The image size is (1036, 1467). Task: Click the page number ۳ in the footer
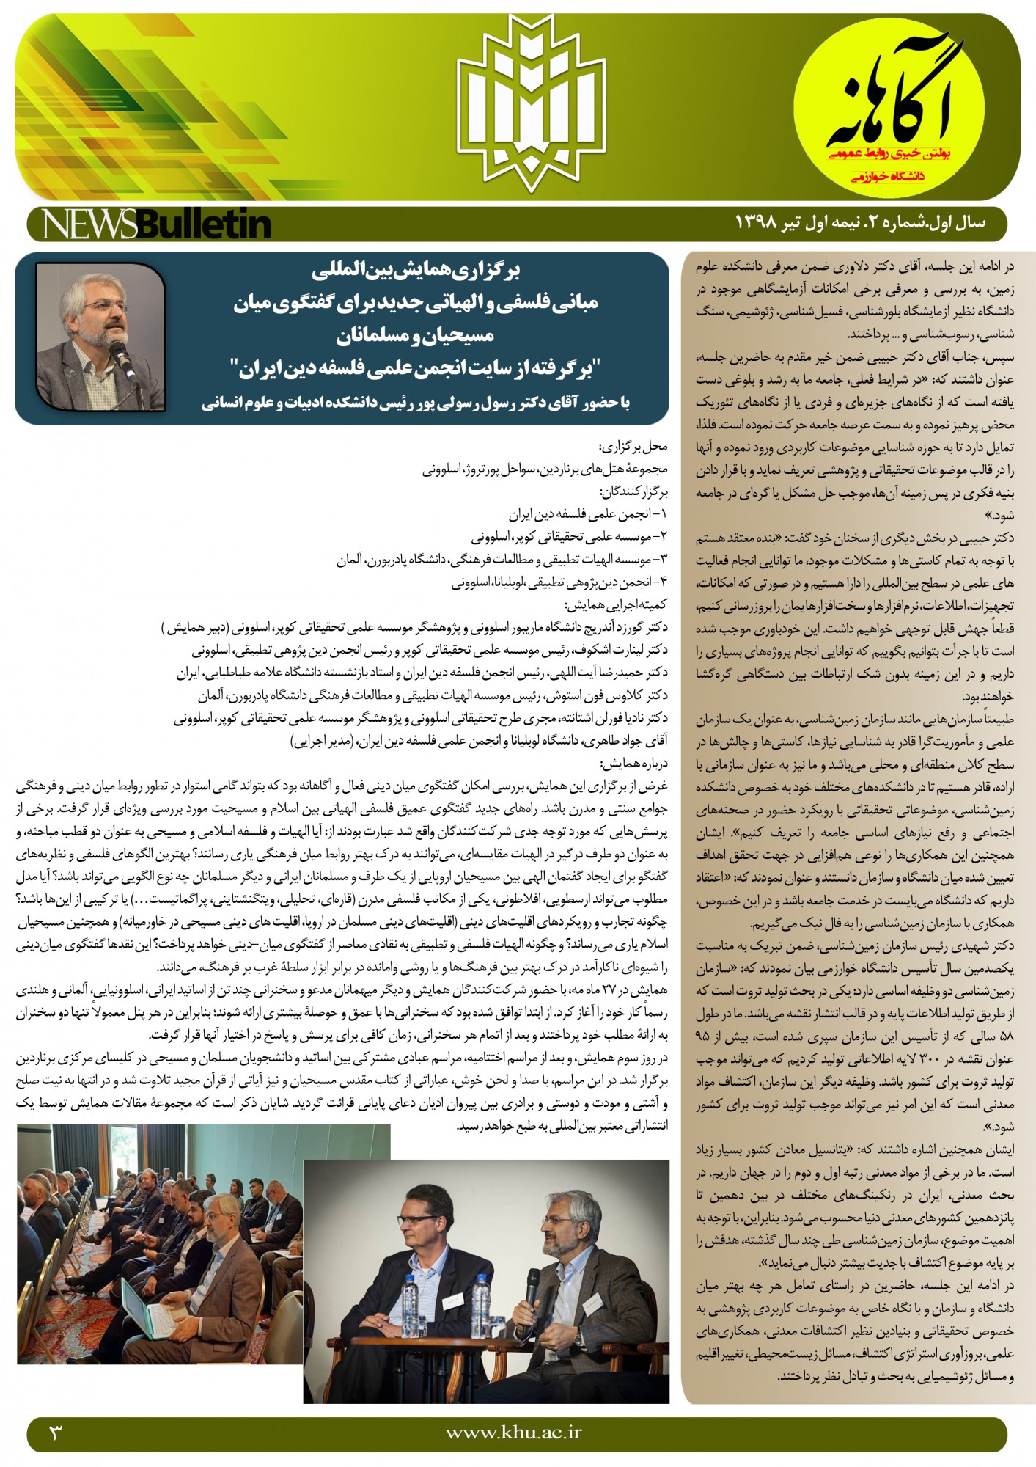[56, 1430]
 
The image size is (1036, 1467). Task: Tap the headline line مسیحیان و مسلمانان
[416, 336]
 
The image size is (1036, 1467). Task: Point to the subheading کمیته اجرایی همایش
[617, 605]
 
